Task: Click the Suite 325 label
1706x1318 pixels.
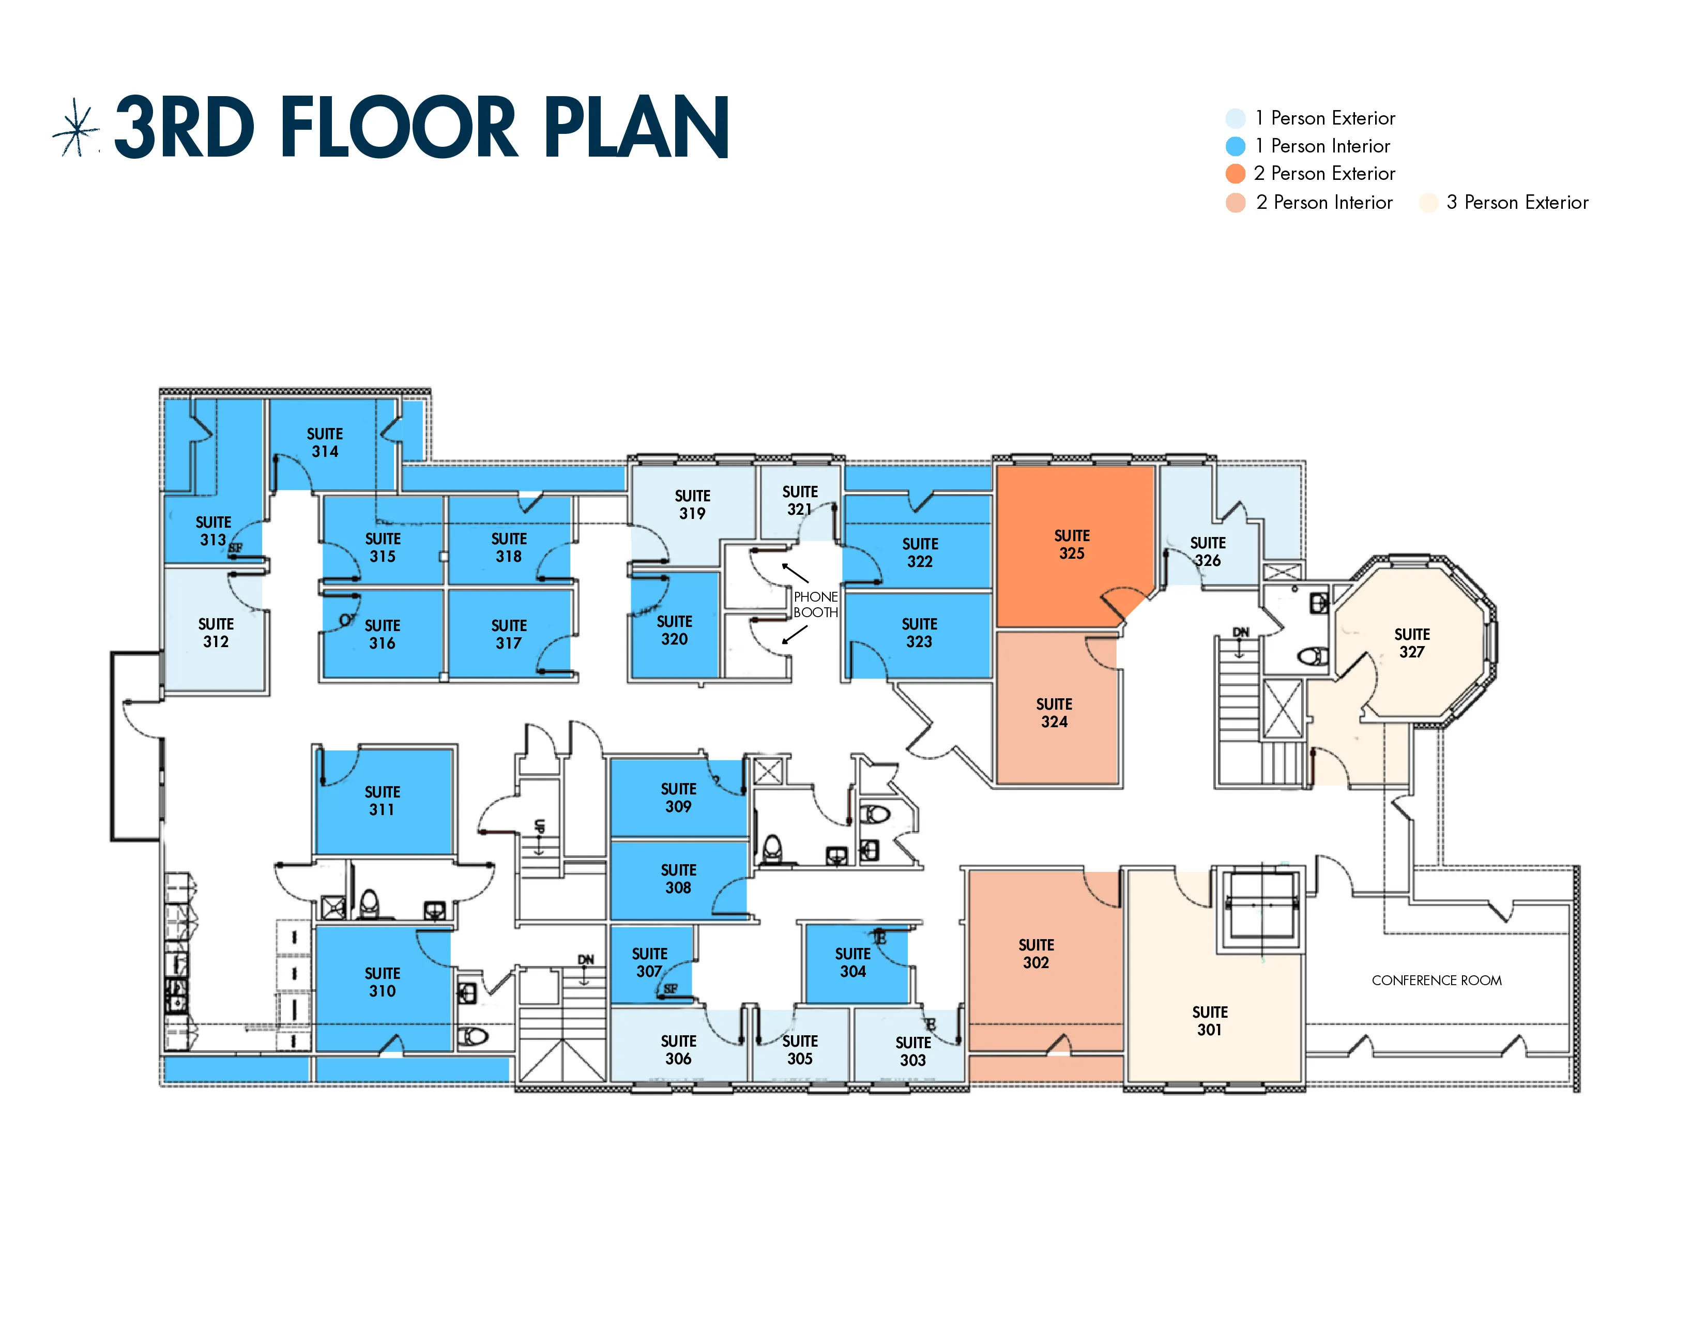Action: [x=1071, y=544]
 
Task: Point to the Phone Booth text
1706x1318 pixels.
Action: [x=815, y=604]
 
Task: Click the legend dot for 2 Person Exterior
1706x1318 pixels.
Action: [x=1235, y=173]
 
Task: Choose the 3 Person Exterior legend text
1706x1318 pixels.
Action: [x=1516, y=202]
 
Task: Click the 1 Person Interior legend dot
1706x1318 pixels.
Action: [x=1235, y=146]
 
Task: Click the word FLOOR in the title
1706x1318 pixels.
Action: [x=399, y=127]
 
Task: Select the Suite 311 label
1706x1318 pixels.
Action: [x=382, y=800]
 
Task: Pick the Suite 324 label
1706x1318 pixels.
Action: [x=1054, y=713]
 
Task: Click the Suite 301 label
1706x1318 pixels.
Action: [x=1209, y=1020]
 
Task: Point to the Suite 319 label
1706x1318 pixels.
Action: [x=692, y=504]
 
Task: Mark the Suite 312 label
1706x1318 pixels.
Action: [x=216, y=633]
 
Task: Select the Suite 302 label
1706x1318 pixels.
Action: [x=1036, y=954]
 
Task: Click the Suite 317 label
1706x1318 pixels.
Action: [x=509, y=634]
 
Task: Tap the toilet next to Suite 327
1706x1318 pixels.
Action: [x=1313, y=655]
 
